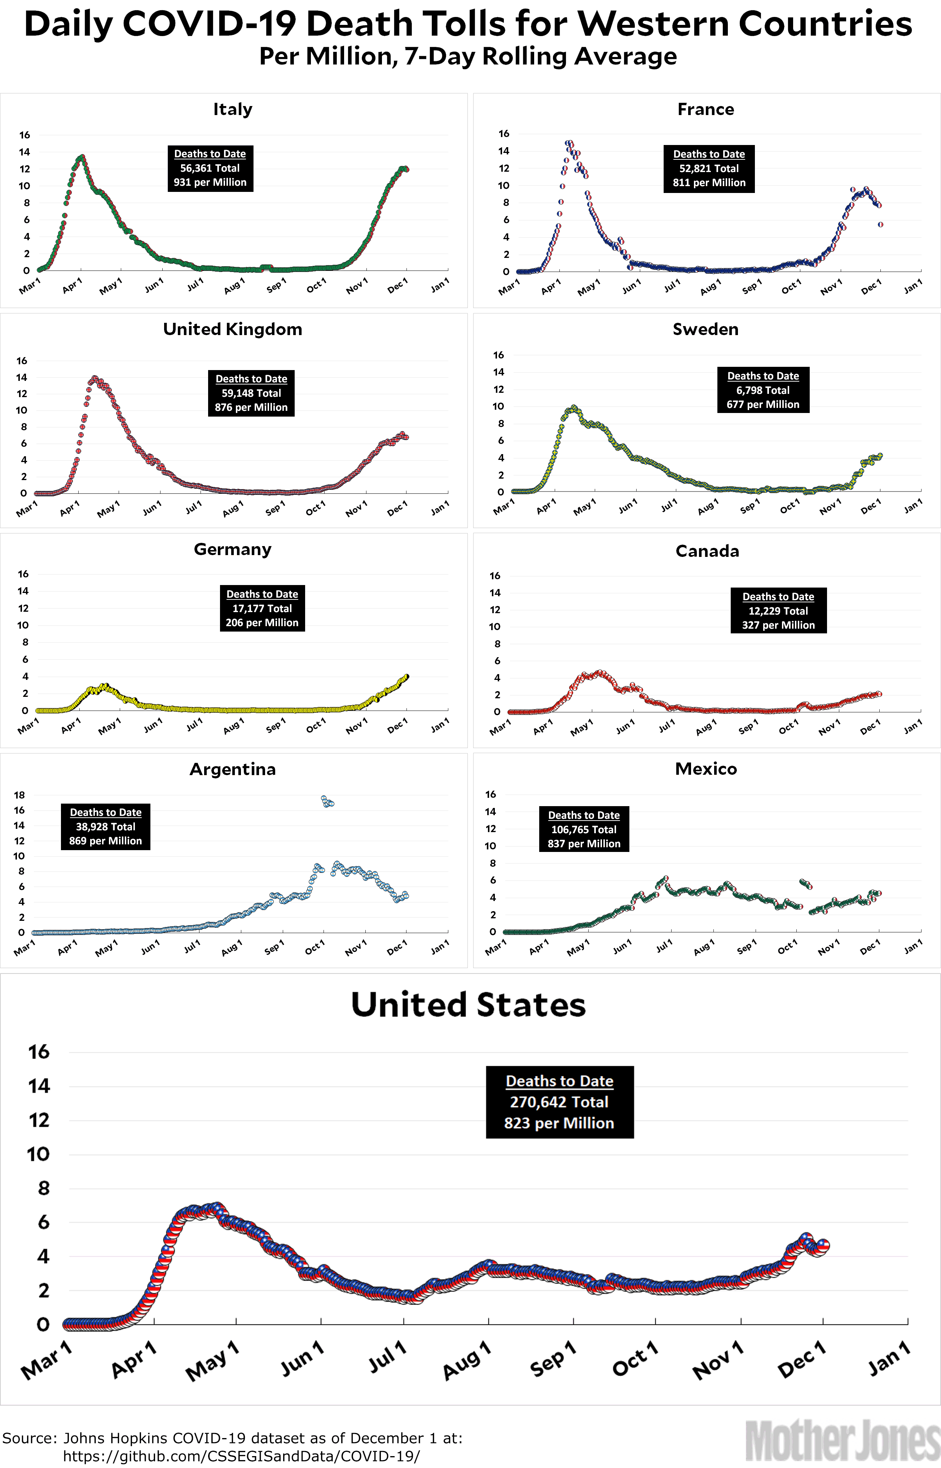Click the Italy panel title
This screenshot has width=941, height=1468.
232,109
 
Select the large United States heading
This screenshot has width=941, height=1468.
468,1005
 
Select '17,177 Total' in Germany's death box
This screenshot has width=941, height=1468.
262,608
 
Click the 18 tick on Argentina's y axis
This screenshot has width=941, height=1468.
19,795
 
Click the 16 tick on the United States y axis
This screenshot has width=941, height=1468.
39,1052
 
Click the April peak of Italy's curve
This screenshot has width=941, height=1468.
82,157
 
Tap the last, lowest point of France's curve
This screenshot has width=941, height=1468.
880,225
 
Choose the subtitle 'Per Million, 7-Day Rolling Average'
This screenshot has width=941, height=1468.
468,56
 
